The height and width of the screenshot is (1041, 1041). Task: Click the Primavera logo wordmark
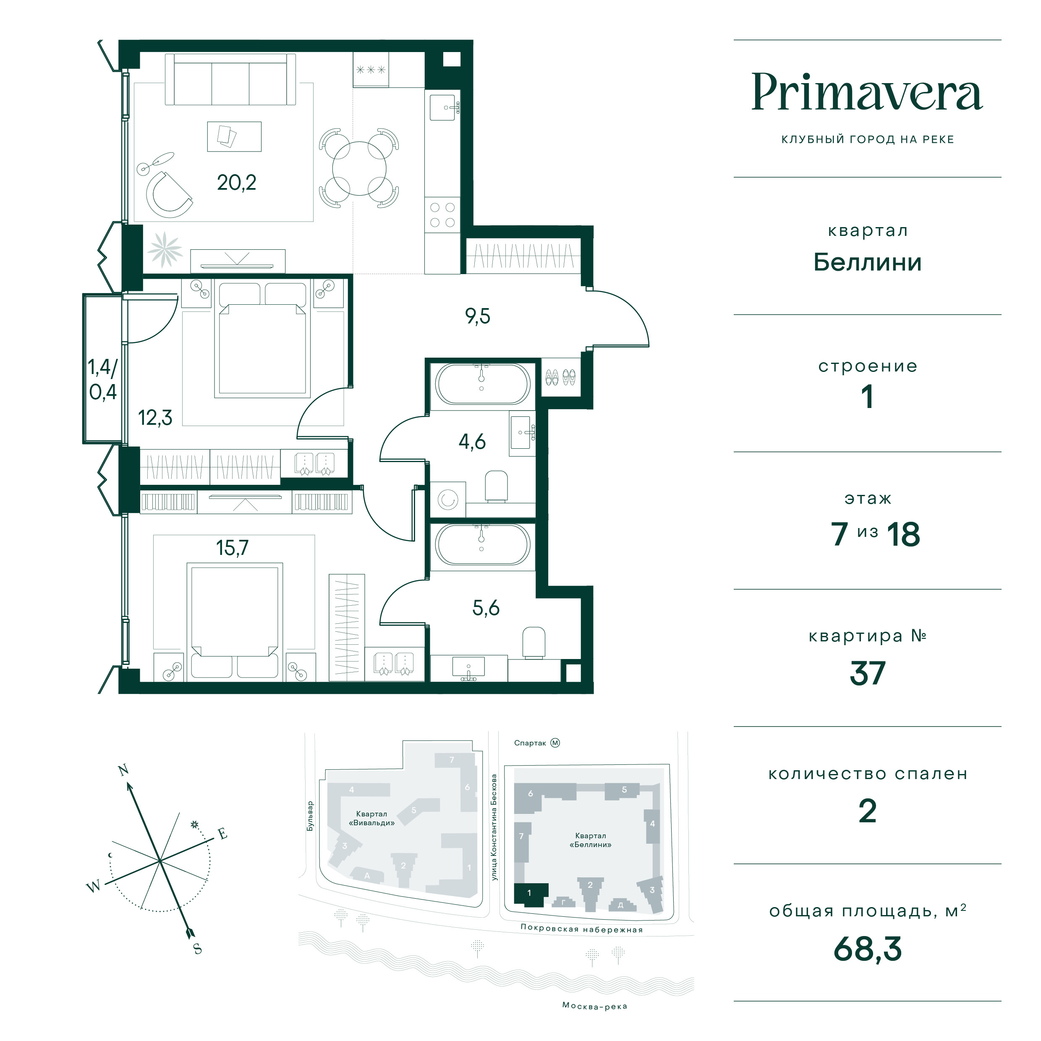pyautogui.click(x=867, y=92)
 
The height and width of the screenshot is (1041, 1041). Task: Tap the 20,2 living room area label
pyautogui.click(x=237, y=183)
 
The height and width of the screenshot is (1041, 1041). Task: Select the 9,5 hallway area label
pyautogui.click(x=477, y=316)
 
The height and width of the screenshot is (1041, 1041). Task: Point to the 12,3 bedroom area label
pyautogui.click(x=155, y=418)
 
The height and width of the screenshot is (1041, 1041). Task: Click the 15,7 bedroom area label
pyautogui.click(x=232, y=548)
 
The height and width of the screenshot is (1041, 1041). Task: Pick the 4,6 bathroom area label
pyautogui.click(x=472, y=442)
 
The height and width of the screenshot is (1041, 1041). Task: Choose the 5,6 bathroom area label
pyautogui.click(x=486, y=608)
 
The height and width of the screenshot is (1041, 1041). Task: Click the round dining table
pyautogui.click(x=359, y=168)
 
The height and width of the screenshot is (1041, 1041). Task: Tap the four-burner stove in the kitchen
pyautogui.click(x=442, y=215)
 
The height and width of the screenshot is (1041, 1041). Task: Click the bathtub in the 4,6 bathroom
pyautogui.click(x=482, y=384)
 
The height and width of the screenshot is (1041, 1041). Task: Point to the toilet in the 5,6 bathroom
pyautogui.click(x=534, y=642)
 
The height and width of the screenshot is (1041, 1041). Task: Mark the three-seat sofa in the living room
pyautogui.click(x=230, y=80)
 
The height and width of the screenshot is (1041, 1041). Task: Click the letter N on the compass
pyautogui.click(x=123, y=769)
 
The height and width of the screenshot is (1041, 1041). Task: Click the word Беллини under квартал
pyautogui.click(x=868, y=262)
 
